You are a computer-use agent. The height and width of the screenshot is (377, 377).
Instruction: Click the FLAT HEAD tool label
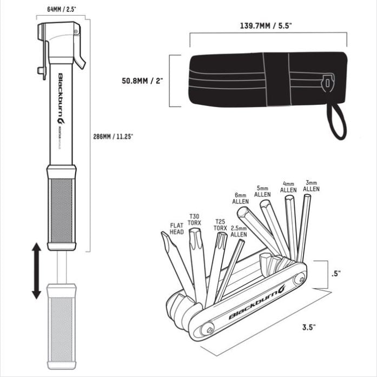click(177, 228)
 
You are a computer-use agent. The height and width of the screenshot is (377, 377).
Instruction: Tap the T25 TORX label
click(220, 225)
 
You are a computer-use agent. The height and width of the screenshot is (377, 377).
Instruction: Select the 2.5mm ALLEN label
click(239, 232)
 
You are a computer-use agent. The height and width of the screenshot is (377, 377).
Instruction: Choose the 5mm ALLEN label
click(262, 191)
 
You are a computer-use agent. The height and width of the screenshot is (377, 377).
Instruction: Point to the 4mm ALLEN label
click(288, 187)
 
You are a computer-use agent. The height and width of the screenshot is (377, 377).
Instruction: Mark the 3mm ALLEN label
click(311, 186)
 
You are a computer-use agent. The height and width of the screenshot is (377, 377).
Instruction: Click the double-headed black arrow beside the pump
click(36, 270)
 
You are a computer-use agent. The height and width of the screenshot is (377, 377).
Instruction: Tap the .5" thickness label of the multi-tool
click(336, 273)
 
